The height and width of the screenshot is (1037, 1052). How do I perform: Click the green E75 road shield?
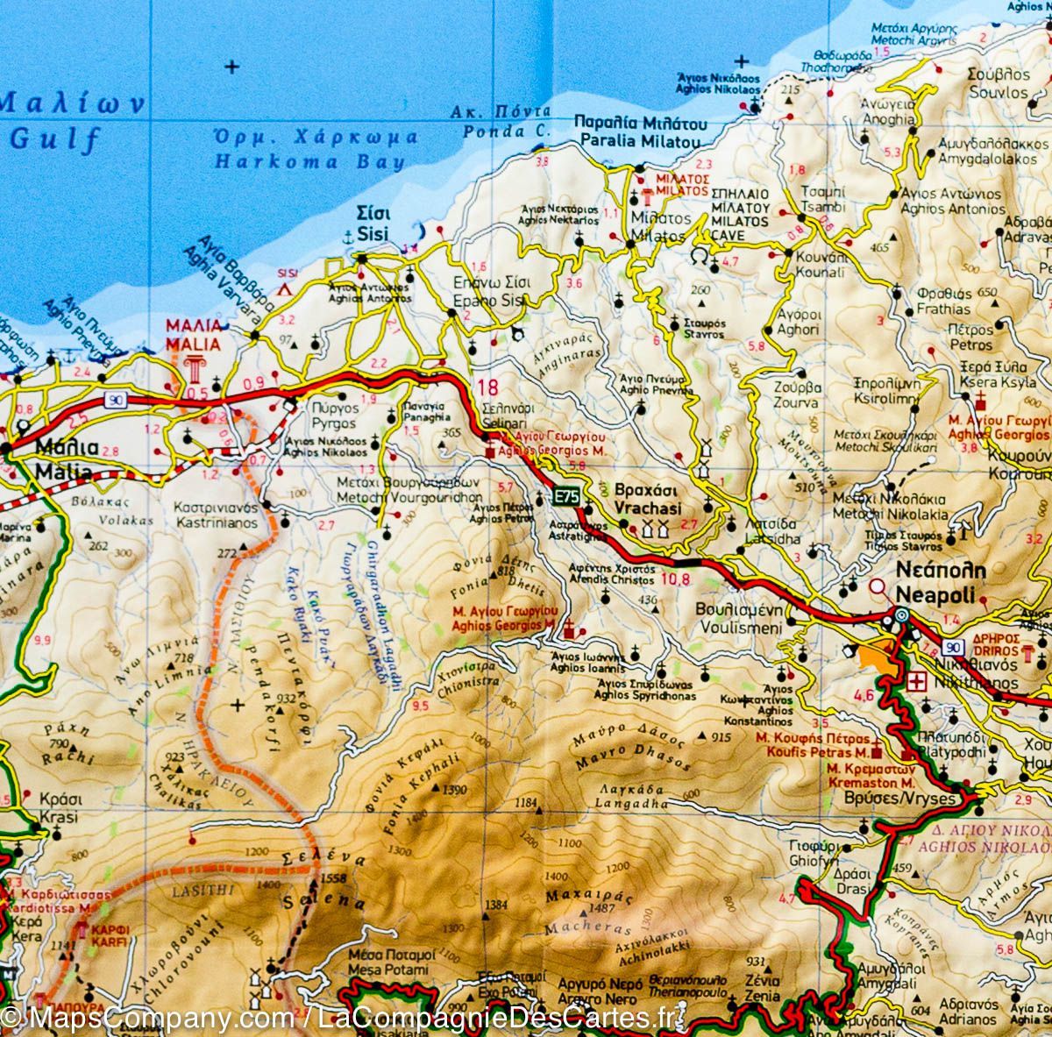[566, 496]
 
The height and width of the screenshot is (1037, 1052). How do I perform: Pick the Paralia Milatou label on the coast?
[638, 133]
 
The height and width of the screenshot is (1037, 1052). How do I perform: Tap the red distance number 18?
[488, 388]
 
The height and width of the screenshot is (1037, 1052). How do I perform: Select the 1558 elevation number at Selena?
[335, 879]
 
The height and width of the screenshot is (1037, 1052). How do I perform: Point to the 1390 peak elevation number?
[455, 790]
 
